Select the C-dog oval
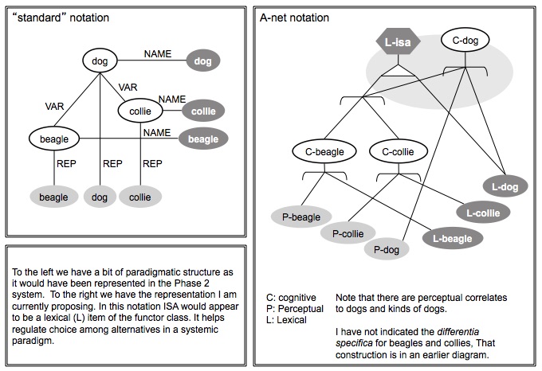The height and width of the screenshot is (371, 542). click(465, 40)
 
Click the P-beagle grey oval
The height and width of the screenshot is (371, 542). click(301, 216)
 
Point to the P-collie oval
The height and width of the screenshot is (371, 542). click(348, 233)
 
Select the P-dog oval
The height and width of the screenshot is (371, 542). click(387, 249)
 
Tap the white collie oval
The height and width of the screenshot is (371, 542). click(140, 112)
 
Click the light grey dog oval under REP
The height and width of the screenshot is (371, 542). click(100, 197)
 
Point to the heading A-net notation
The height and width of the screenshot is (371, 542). click(294, 18)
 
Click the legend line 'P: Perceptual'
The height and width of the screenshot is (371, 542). click(295, 308)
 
